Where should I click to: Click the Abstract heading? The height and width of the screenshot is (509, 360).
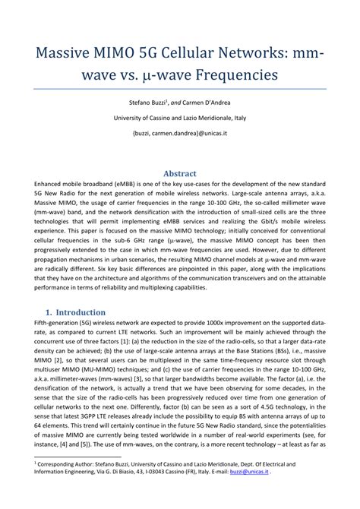tap(180, 173)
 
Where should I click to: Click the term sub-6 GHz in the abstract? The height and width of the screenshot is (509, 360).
tap(133, 237)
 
